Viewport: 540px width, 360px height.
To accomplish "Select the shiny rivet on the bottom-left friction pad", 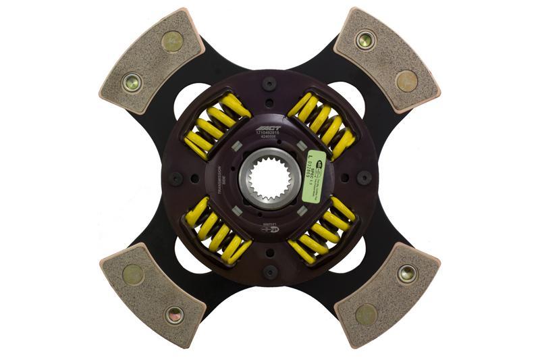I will click(174, 314).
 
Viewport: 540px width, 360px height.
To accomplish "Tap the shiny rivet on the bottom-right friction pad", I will click(407, 274).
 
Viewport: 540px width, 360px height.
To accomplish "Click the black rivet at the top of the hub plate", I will click(270, 84).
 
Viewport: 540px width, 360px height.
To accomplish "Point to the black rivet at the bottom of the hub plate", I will click(270, 272).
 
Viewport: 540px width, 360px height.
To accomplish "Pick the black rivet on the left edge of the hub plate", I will click(175, 178).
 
